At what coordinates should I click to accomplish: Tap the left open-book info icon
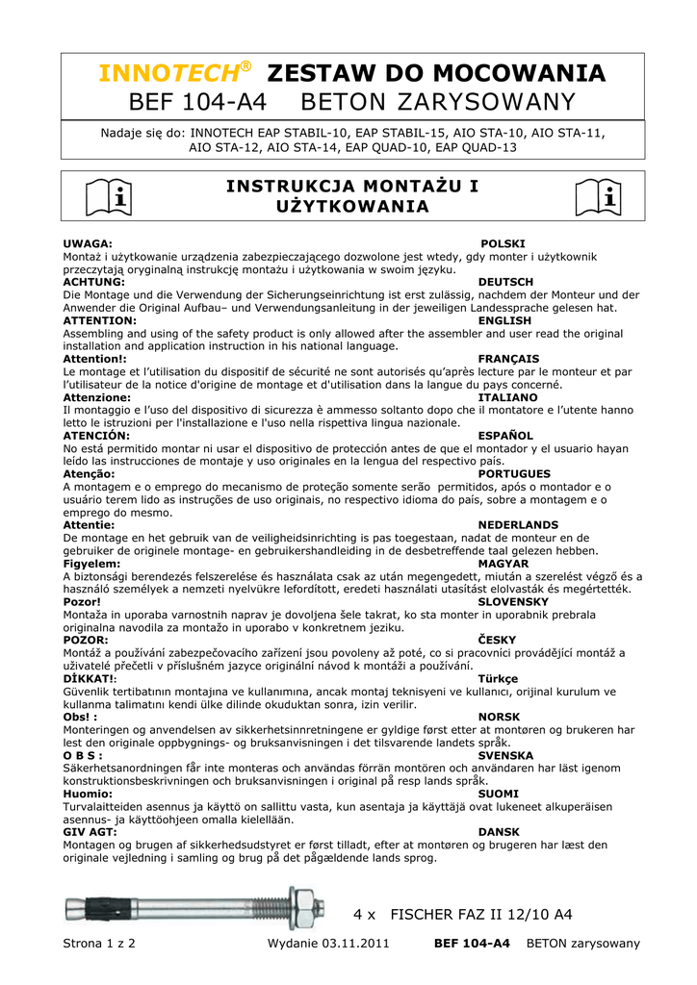pos(108,197)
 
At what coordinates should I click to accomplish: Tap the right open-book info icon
pos(598,197)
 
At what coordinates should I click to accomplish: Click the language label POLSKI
pos(503,244)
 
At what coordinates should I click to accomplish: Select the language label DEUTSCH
pos(505,282)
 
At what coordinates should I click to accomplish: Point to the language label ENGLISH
pos(504,320)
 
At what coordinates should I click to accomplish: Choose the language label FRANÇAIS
pos(508,359)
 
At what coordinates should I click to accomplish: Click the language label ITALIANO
pos(507,397)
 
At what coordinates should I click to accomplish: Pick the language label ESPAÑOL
pos(505,436)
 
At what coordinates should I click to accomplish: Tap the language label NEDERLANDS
pos(518,525)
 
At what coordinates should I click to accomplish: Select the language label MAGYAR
pos(503,564)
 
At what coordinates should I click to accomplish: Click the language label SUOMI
pos(498,794)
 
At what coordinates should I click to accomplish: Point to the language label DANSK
pos(498,832)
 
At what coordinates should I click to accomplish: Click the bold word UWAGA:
pos(88,244)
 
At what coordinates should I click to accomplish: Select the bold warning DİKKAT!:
pos(90,678)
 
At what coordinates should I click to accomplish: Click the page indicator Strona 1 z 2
pos(99,944)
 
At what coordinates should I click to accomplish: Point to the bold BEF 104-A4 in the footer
pos(472,944)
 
